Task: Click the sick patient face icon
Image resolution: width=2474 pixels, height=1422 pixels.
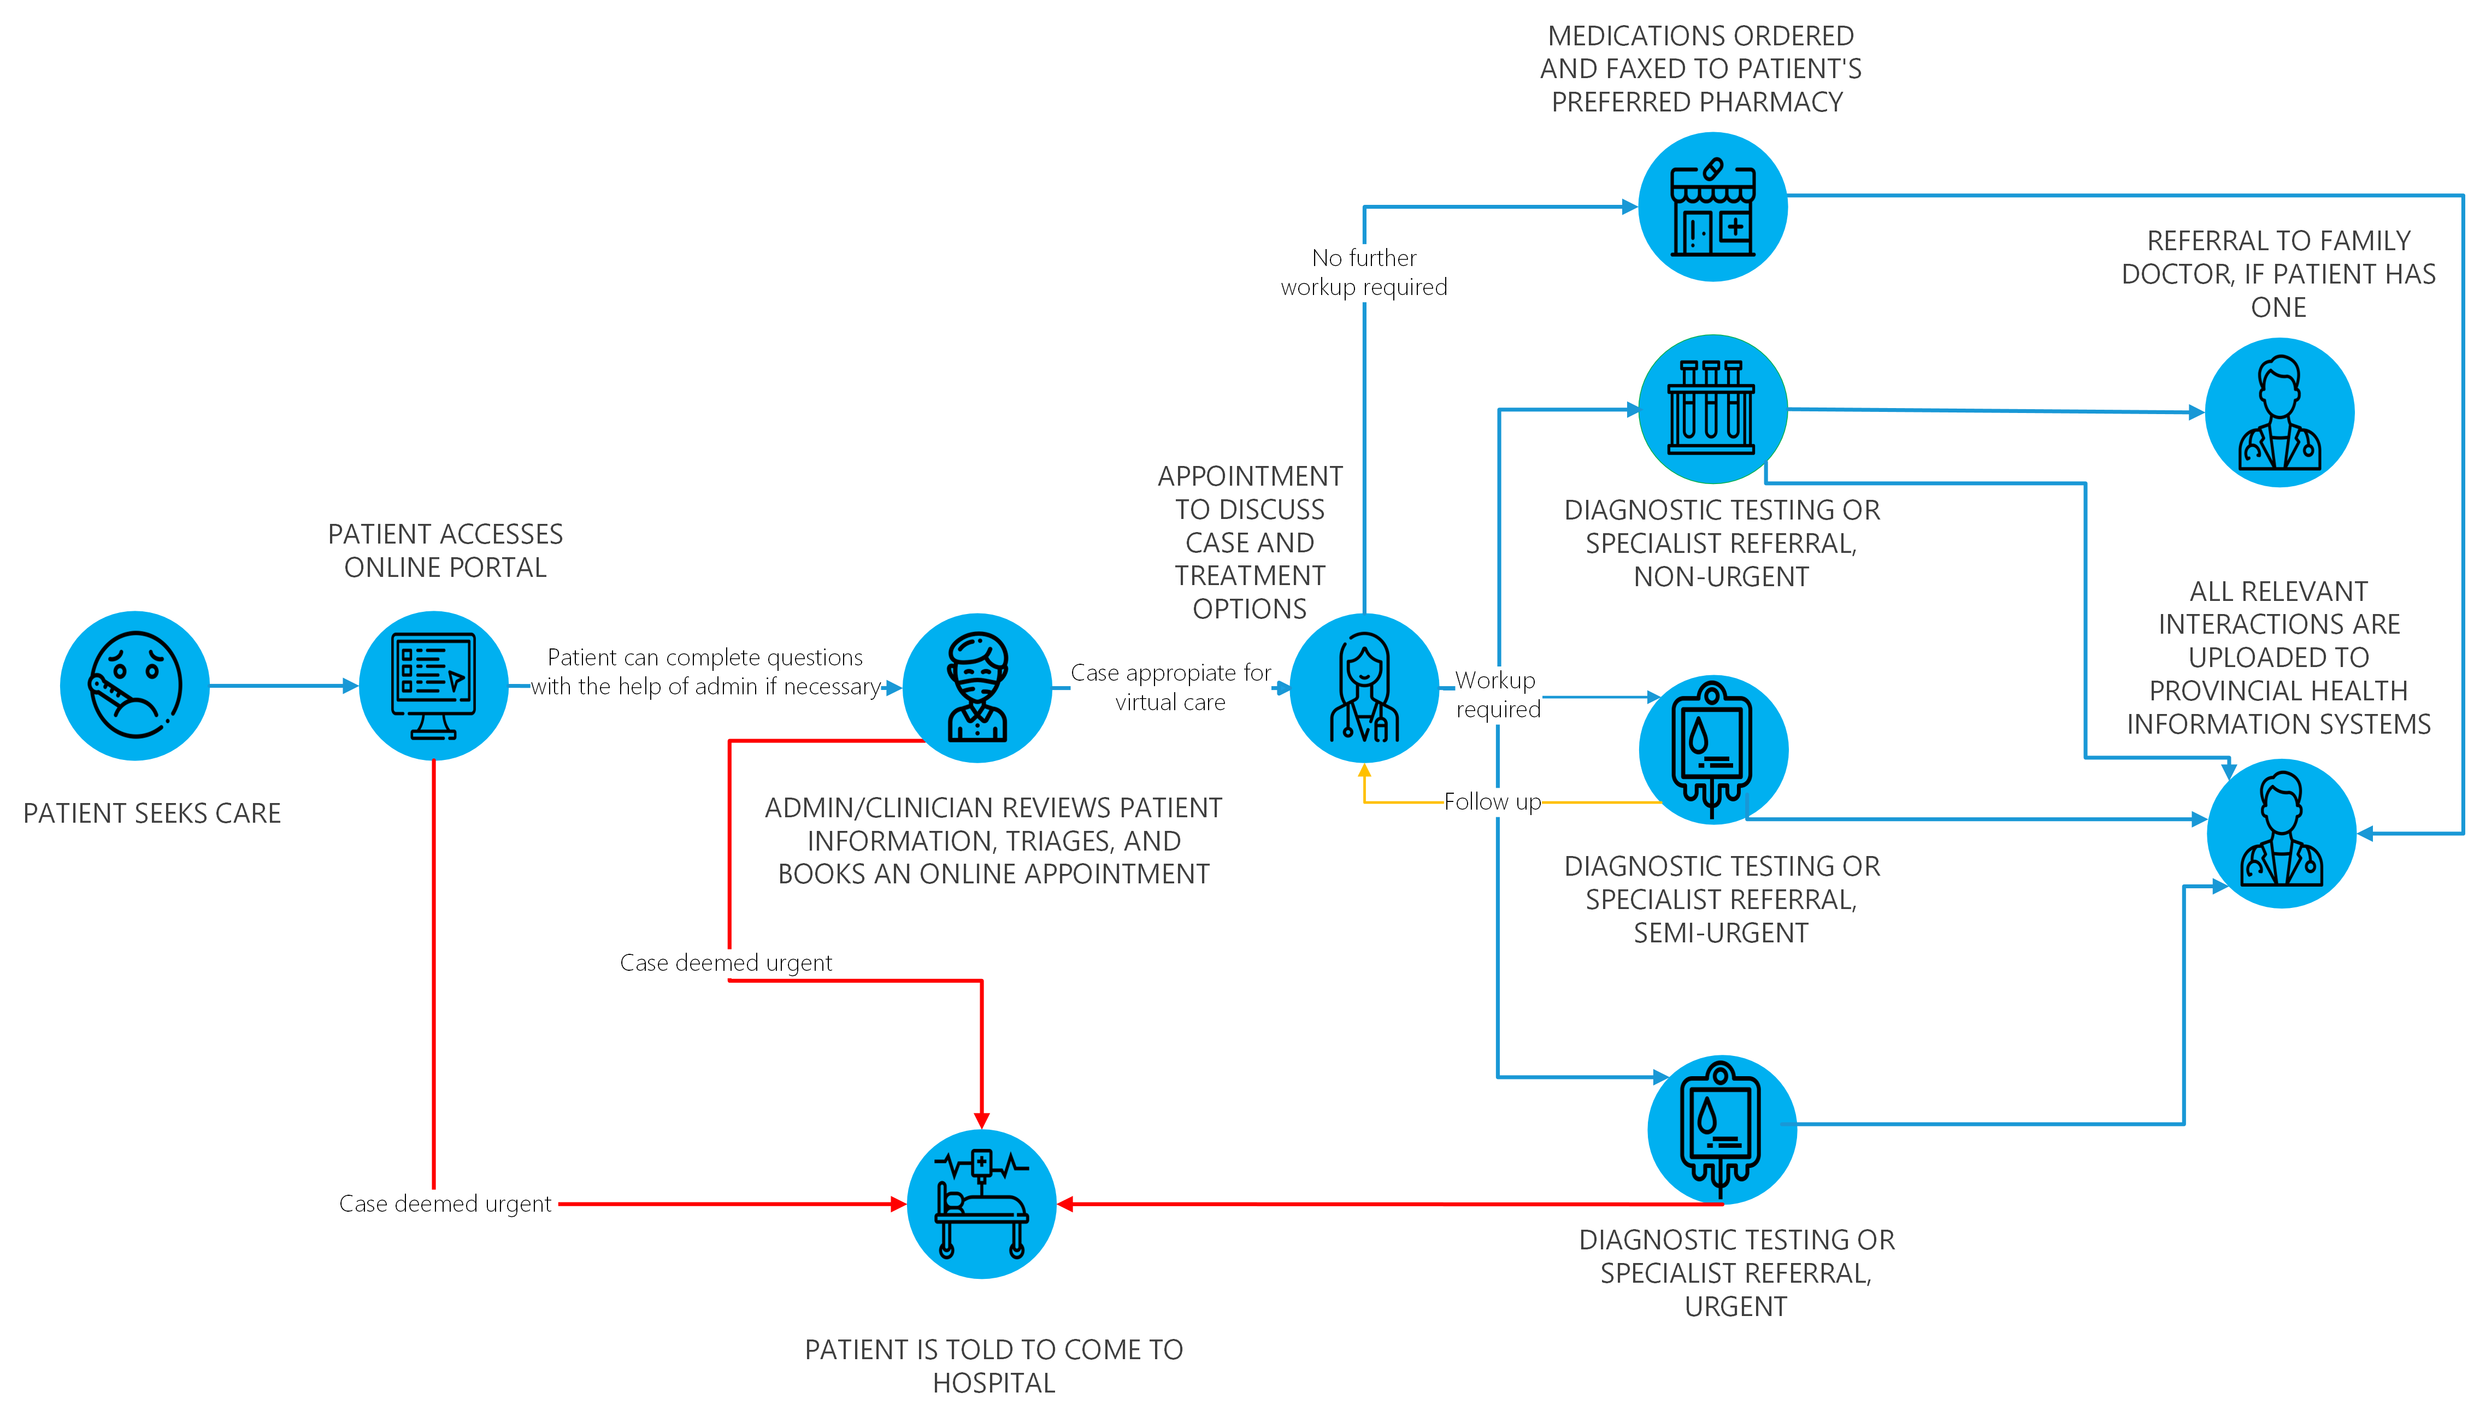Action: [x=135, y=686]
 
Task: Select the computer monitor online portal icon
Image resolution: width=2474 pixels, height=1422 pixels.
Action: [x=434, y=686]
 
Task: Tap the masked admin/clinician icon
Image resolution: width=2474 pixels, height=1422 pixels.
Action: [x=977, y=688]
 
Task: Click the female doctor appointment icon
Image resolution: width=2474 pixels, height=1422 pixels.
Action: [x=1364, y=688]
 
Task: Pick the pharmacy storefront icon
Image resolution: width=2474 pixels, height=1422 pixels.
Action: [x=1712, y=207]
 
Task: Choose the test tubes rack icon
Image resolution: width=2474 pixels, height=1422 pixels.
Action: [x=1712, y=409]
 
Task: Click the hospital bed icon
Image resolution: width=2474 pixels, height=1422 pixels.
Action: [x=982, y=1204]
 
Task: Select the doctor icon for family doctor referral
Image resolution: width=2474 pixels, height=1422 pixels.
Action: [x=2279, y=412]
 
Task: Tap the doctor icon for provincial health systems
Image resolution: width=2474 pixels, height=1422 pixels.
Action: [x=2282, y=833]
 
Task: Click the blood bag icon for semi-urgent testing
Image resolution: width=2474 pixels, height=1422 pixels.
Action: [x=1713, y=749]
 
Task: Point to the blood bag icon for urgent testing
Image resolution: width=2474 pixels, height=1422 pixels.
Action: [x=1721, y=1130]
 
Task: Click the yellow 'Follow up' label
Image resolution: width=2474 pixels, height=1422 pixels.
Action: [x=1492, y=802]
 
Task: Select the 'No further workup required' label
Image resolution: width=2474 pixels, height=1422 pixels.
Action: [x=1363, y=273]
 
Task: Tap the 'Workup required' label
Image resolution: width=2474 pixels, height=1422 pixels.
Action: [x=1497, y=694]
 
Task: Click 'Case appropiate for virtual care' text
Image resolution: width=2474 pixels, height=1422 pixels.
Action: [x=1170, y=688]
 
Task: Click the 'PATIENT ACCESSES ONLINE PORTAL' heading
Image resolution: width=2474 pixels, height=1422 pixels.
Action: [x=445, y=551]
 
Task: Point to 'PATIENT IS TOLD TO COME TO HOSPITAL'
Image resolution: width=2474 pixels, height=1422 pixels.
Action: [x=993, y=1365]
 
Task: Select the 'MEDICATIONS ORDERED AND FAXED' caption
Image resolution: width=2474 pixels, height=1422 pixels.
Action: [x=1700, y=68]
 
